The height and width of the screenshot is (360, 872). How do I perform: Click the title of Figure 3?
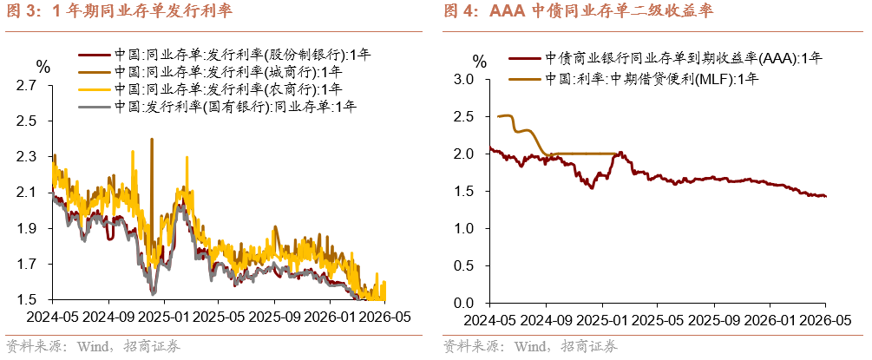120,11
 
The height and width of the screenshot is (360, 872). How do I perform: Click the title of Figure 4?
579,11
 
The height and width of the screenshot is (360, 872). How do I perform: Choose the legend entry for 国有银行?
218,106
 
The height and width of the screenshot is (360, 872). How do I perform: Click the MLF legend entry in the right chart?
633,79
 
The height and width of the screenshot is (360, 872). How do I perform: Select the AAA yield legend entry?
665,58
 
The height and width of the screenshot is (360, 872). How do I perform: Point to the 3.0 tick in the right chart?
472,80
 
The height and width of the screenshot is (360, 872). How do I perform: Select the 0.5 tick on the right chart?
472,266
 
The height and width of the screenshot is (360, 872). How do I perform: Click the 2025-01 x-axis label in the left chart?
165,317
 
